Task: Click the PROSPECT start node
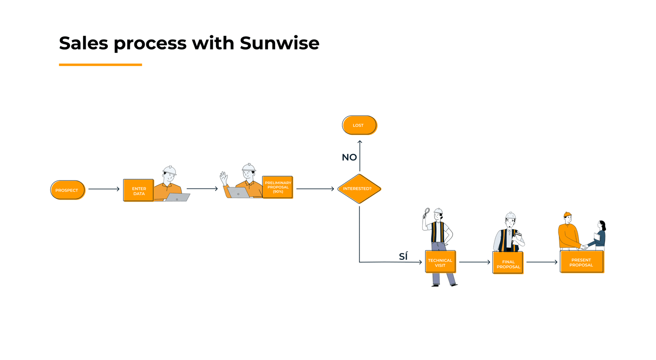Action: [x=67, y=190]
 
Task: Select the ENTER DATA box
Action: [x=139, y=190]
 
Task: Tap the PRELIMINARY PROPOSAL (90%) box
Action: [x=278, y=187]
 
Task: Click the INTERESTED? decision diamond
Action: [x=359, y=189]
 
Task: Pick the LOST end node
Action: [x=359, y=125]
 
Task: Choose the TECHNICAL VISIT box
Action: [x=440, y=262]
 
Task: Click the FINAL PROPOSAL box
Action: [x=508, y=263]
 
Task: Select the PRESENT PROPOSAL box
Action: [x=581, y=262]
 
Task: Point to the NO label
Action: [x=349, y=157]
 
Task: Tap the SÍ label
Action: [x=403, y=256]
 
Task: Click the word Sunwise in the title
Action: [x=279, y=43]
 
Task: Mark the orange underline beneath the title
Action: [x=100, y=64]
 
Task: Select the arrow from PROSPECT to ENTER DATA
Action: [x=104, y=189]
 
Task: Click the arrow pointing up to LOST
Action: [x=360, y=156]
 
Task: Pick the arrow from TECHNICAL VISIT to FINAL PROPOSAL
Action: [x=474, y=262]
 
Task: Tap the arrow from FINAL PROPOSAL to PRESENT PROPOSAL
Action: [x=542, y=262]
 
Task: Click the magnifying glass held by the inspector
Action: [x=427, y=211]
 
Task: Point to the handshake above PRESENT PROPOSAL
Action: [x=584, y=247]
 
